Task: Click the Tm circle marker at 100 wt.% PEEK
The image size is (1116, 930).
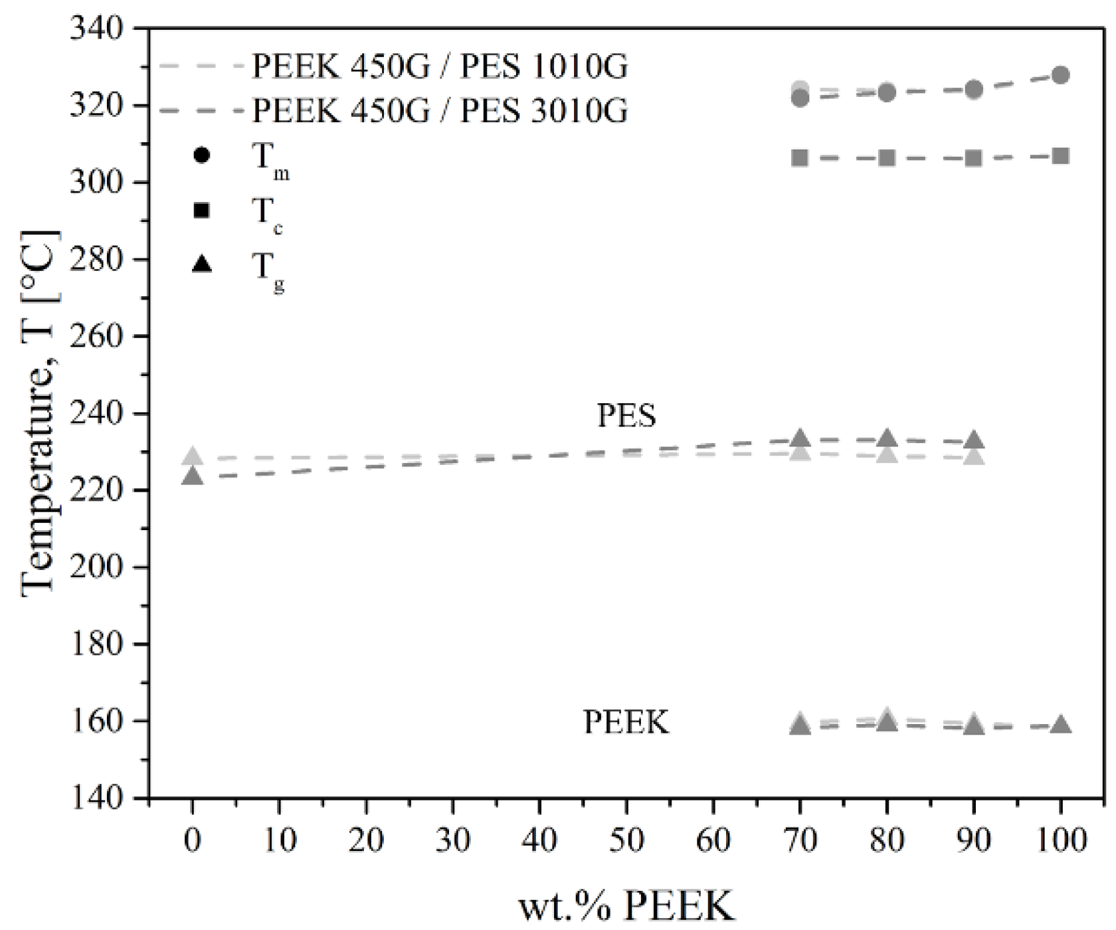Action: [1061, 75]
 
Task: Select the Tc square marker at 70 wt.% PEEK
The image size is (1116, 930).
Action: [800, 158]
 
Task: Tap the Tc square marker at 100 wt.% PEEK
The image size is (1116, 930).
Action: [1061, 157]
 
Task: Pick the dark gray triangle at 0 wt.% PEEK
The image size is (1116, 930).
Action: [192, 476]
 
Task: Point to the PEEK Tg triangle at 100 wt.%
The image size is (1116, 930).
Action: [1061, 725]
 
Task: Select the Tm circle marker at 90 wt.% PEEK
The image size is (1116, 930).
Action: [974, 90]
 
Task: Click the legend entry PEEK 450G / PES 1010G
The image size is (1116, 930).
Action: [439, 67]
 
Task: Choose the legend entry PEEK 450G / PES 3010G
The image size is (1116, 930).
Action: [439, 110]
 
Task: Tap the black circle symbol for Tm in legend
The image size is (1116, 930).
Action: [201, 156]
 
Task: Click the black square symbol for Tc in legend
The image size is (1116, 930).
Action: [201, 211]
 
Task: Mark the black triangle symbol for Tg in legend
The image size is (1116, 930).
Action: [201, 265]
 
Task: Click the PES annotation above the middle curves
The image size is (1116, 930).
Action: [626, 417]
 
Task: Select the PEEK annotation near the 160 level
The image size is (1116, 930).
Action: [626, 722]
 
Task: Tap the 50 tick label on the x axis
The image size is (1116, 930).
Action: [626, 840]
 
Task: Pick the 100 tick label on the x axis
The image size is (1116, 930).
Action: [1061, 840]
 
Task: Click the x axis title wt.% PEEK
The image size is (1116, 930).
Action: [626, 905]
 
